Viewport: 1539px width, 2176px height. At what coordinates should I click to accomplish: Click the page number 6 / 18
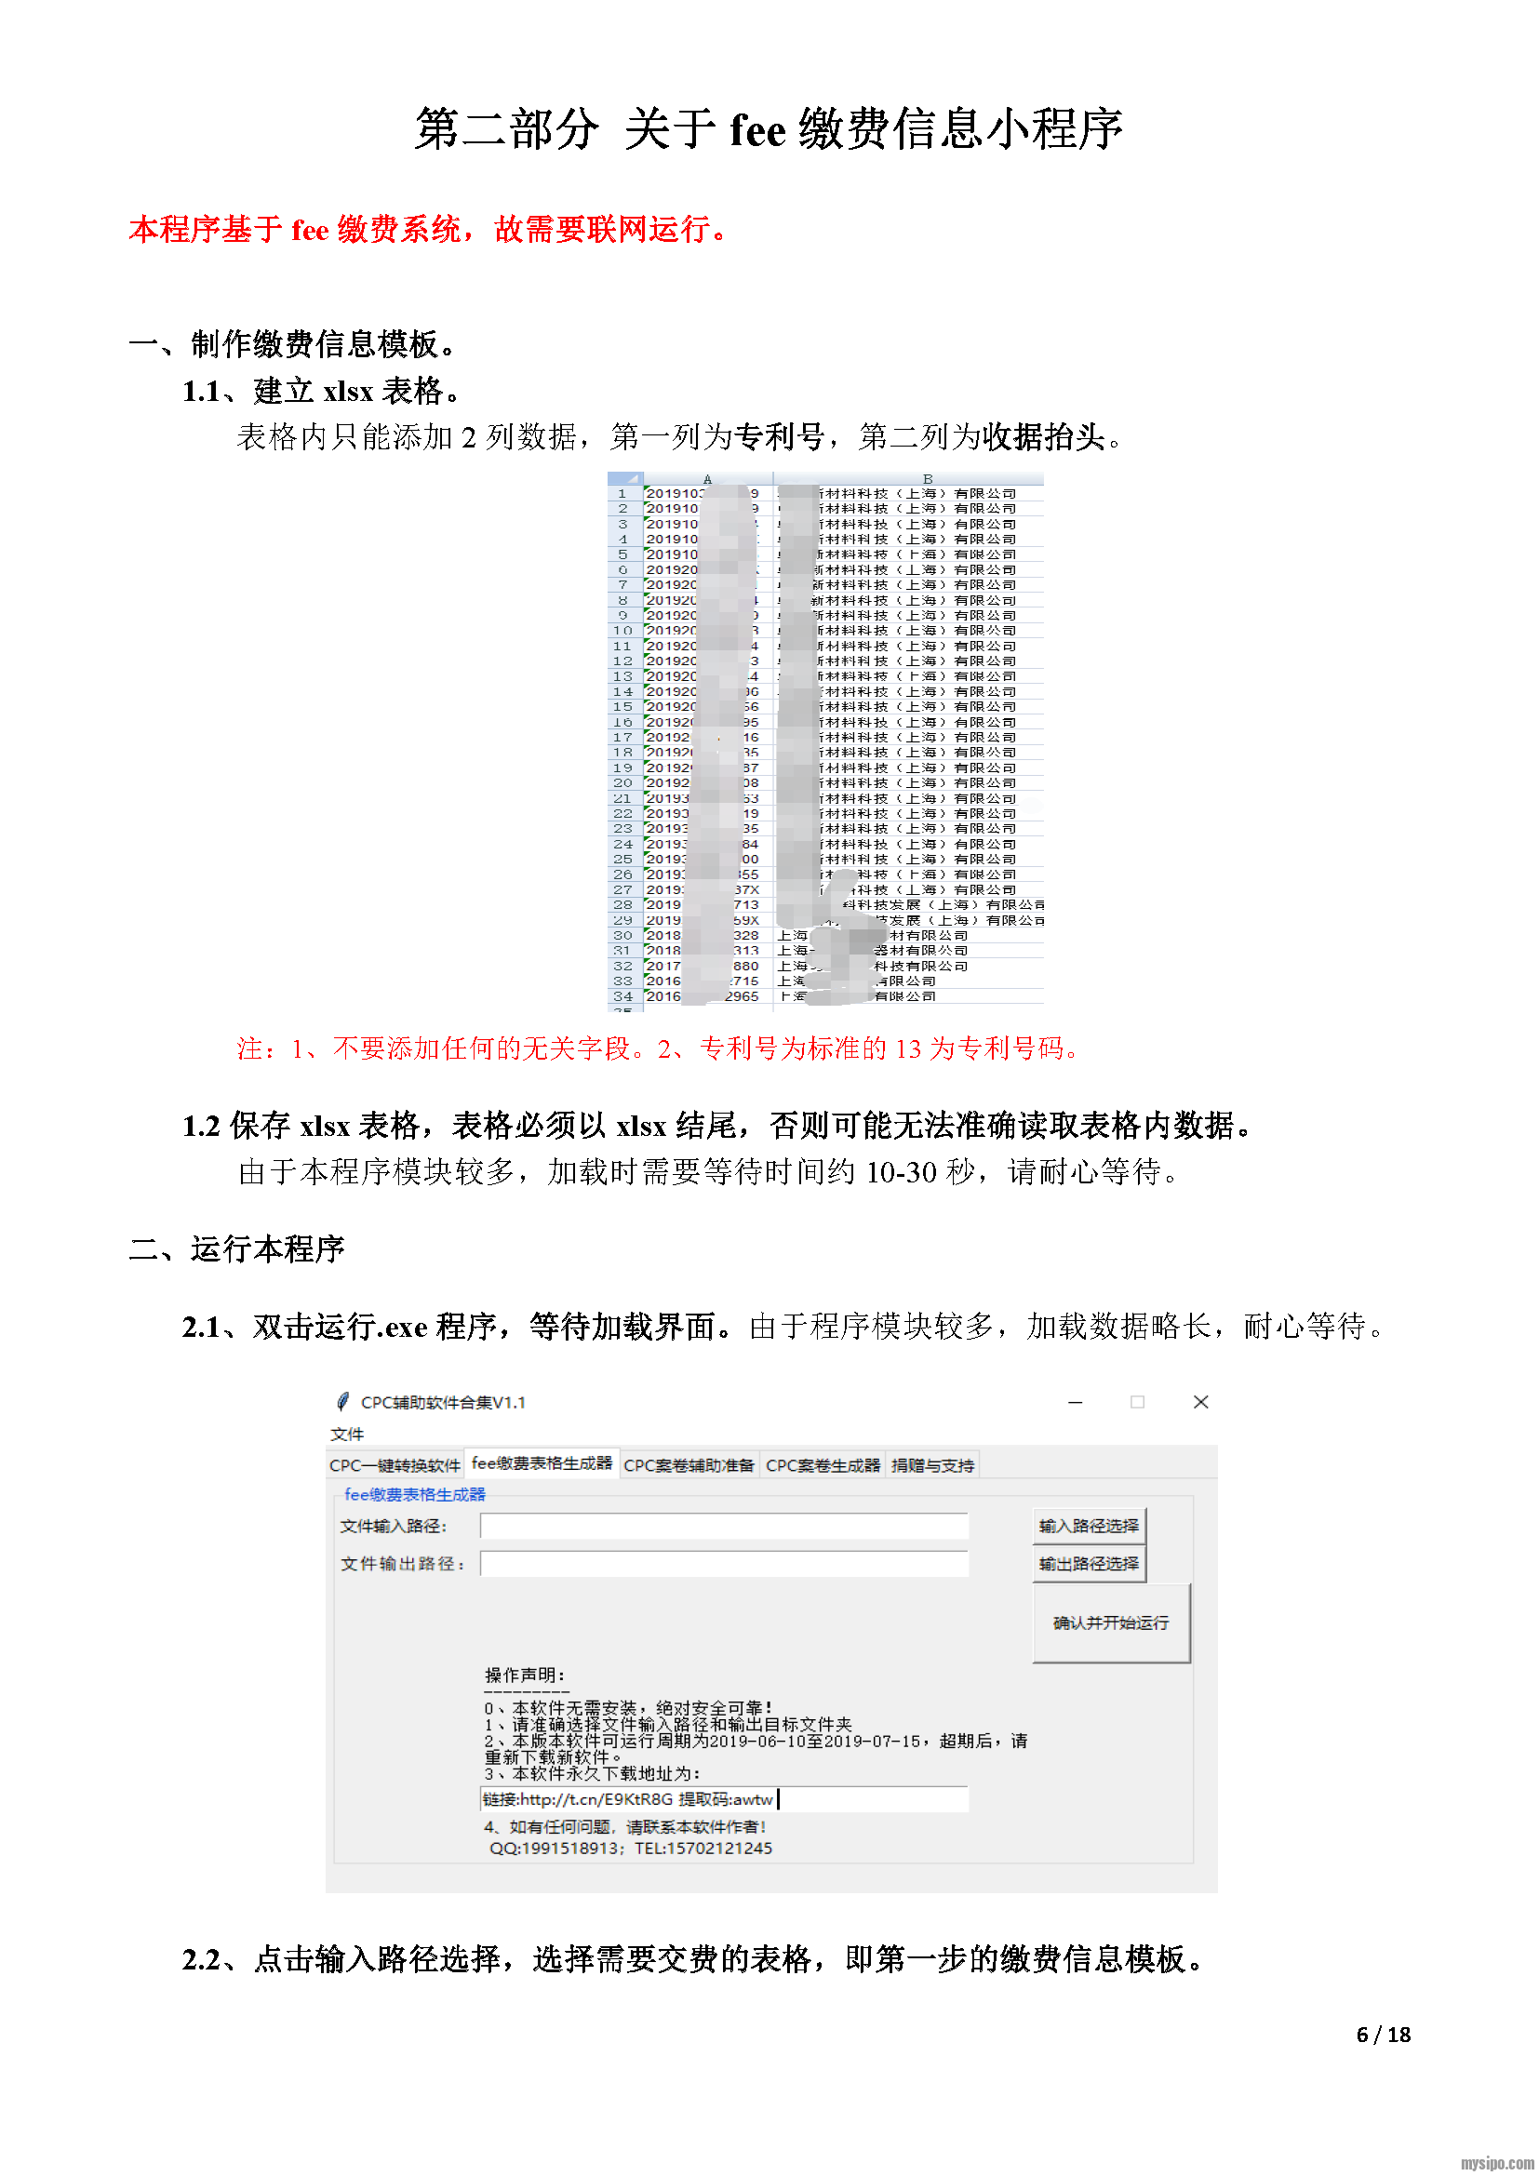(1383, 2034)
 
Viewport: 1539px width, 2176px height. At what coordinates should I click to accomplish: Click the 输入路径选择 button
(1088, 1525)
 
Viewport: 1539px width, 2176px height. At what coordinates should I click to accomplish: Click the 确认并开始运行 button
(1111, 1622)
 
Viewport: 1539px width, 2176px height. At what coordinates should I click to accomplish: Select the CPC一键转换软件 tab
(395, 1465)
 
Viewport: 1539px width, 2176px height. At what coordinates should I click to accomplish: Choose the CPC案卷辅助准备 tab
(688, 1465)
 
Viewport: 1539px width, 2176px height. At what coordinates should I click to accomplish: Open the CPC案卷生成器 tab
(823, 1465)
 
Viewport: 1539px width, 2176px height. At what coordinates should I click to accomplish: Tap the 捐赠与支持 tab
(932, 1465)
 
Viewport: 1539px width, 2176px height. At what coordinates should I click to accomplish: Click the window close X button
(1199, 1402)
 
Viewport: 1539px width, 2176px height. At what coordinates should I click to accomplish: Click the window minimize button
(1075, 1402)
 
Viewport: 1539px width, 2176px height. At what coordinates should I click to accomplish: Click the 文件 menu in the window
(347, 1434)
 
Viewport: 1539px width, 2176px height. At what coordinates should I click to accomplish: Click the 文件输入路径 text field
(724, 1525)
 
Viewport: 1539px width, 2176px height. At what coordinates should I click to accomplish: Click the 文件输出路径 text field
(724, 1563)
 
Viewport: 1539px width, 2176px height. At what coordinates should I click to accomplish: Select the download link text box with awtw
(724, 1799)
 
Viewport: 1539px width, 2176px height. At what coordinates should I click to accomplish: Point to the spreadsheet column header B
(927, 478)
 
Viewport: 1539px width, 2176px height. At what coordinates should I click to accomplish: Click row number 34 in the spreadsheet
(622, 996)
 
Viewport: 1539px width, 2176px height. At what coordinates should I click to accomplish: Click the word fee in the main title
(758, 130)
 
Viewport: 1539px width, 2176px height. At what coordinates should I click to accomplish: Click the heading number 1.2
(201, 1126)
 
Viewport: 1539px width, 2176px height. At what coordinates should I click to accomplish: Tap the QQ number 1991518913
(567, 1849)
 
